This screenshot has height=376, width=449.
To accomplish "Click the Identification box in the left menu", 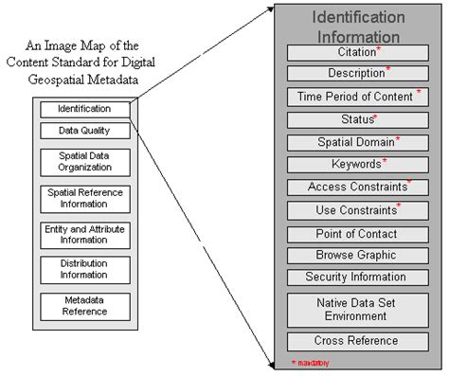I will (x=84, y=109).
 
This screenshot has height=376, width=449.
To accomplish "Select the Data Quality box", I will (x=84, y=130).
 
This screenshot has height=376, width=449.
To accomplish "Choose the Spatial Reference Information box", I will (x=84, y=197).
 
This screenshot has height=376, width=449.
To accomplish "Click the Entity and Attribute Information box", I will (x=84, y=235).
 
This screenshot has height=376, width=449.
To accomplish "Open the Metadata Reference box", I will (x=84, y=306).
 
